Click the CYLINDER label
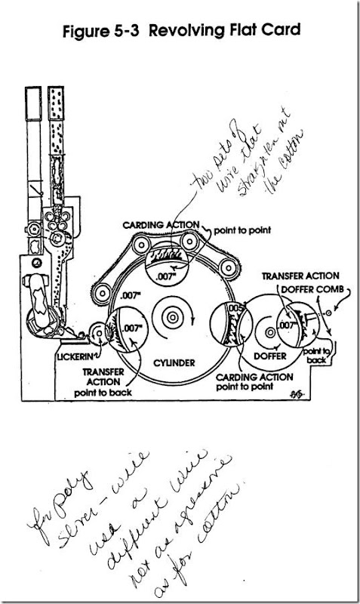tap(173, 363)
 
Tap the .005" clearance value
tap(236, 308)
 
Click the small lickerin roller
tap(98, 333)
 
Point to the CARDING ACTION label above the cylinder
tap(161, 225)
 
